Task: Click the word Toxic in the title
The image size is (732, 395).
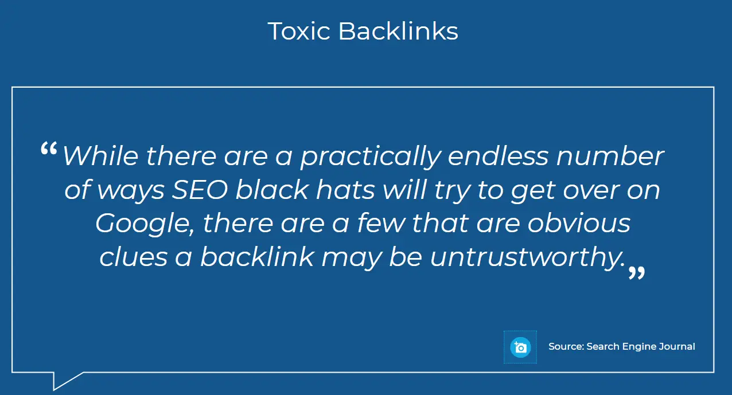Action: [299, 32]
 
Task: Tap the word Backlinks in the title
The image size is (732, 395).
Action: [398, 31]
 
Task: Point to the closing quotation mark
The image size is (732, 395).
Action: [637, 272]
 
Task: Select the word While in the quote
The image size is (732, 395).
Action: [100, 156]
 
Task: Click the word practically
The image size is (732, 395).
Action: [371, 157]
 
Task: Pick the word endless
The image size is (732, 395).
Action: [498, 156]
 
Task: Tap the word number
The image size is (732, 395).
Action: [610, 156]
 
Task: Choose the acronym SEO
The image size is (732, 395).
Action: [200, 190]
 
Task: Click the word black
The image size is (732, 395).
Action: [272, 189]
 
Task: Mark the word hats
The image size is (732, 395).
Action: [345, 189]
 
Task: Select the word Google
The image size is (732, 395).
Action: [145, 224]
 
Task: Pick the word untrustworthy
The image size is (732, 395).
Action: [527, 257]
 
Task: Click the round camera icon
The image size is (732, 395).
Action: [520, 347]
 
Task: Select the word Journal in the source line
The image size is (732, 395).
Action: [677, 346]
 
